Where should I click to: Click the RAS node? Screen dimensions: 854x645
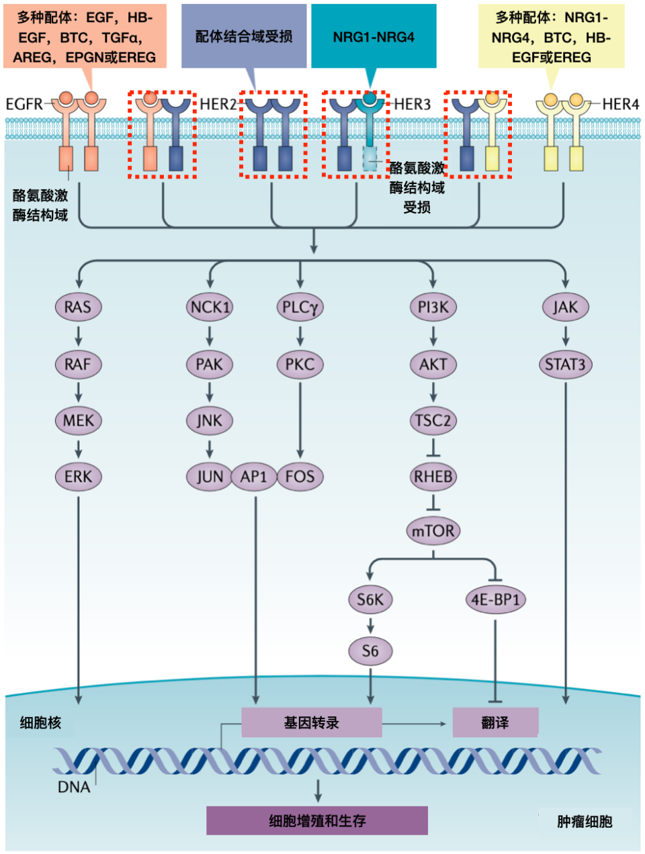[x=78, y=307]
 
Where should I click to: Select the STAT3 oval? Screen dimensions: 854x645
[x=565, y=365]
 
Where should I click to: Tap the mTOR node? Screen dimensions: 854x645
[x=433, y=531]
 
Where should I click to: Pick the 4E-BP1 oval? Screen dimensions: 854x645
[x=495, y=600]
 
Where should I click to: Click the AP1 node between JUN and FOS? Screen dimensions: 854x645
[x=254, y=477]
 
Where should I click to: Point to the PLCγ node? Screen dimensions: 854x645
[x=300, y=307]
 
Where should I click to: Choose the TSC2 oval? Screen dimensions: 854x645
[x=433, y=421]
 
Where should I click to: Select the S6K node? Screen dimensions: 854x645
[x=370, y=600]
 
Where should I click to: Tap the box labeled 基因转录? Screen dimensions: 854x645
[x=311, y=722]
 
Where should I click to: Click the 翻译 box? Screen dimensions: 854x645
[x=495, y=722]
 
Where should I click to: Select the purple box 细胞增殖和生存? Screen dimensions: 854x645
[x=316, y=820]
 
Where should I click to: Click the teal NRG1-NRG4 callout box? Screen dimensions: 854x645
[x=374, y=37]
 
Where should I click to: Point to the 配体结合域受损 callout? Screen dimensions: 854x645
[x=244, y=37]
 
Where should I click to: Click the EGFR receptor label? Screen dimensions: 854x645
[x=24, y=104]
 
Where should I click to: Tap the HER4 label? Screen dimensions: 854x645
[x=620, y=104]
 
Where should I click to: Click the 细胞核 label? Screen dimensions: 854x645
[x=40, y=722]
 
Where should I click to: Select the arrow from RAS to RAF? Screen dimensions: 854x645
[x=79, y=336]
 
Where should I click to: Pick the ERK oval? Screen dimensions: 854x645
[x=78, y=477]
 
